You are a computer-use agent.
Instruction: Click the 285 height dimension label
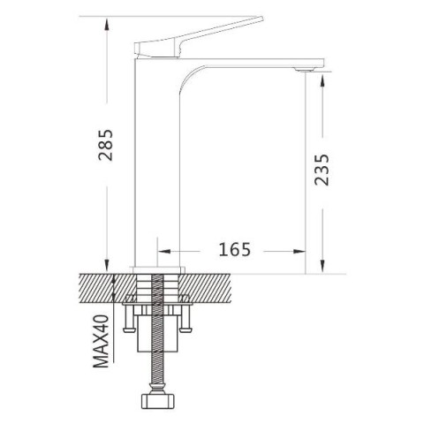[105, 145]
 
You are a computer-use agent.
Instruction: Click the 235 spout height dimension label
[322, 170]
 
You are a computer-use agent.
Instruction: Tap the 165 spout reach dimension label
[234, 249]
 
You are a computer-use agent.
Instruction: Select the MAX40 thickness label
[101, 341]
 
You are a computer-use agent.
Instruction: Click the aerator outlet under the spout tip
[306, 70]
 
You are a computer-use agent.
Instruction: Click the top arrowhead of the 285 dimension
[107, 23]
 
